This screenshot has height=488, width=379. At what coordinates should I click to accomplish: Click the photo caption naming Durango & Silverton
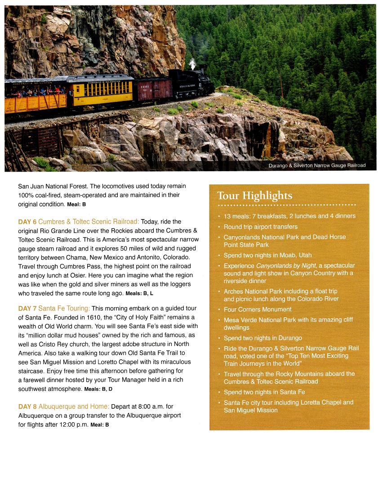[x=317, y=165]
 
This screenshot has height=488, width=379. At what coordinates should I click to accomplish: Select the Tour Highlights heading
[x=254, y=196]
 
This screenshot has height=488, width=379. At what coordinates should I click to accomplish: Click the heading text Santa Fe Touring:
[x=64, y=309]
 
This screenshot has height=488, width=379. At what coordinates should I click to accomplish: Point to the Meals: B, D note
[x=98, y=389]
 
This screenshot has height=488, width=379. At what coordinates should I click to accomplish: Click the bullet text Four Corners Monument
[x=258, y=310]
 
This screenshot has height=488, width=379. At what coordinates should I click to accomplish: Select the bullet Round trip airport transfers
[x=261, y=227]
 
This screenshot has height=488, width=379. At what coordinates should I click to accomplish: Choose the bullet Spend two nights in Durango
[x=263, y=338]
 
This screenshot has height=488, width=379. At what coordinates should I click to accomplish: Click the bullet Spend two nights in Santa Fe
[x=264, y=392]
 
